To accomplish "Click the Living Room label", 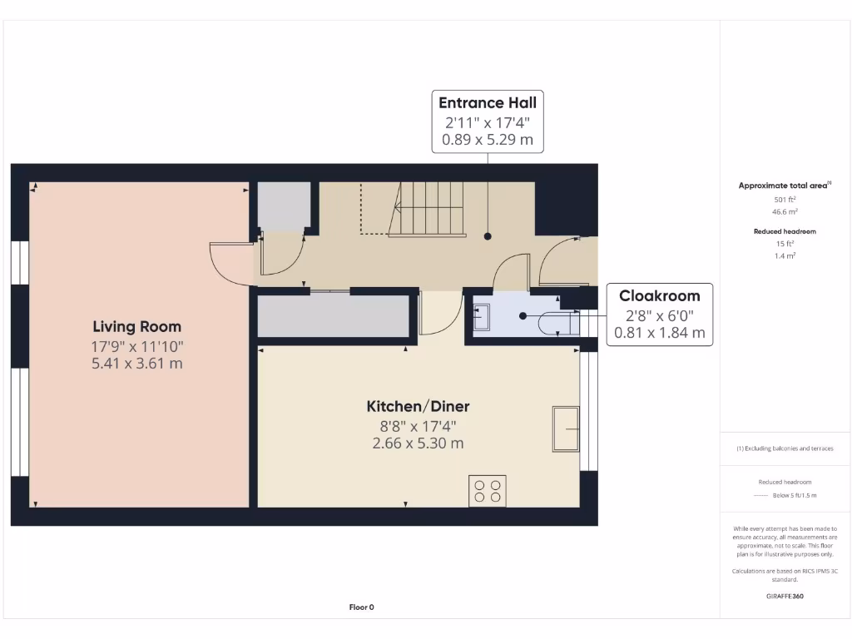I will (136, 327).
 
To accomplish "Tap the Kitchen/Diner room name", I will (418, 407).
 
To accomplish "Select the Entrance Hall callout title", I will (488, 104).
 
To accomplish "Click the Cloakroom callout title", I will (659, 295).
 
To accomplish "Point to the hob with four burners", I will (488, 490).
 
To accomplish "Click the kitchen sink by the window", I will (566, 428).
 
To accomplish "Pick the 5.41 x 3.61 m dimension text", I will (136, 364).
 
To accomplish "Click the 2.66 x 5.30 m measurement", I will (418, 443).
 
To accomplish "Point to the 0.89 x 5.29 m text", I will (488, 140).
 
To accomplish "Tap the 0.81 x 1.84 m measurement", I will (659, 333).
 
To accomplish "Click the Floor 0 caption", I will (361, 607).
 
